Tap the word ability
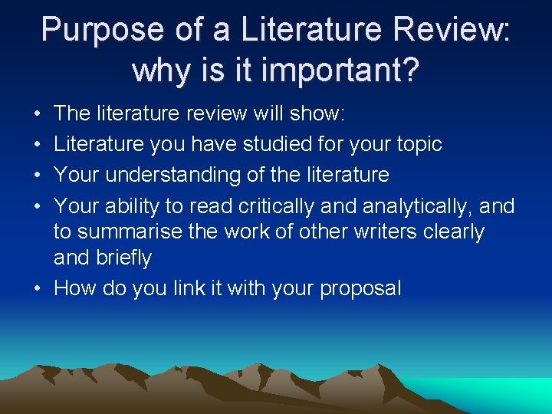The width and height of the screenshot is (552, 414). pyautogui.click(x=133, y=205)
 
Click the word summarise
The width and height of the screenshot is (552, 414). pyautogui.click(x=132, y=232)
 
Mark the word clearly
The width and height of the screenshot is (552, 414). pyautogui.click(x=455, y=232)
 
